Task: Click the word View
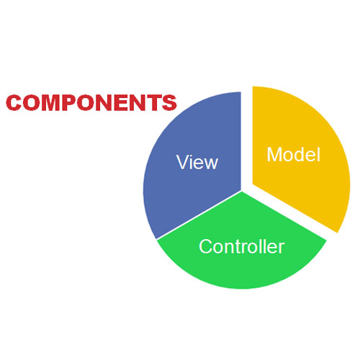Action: pyautogui.click(x=197, y=162)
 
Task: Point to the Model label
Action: pyautogui.click(x=294, y=155)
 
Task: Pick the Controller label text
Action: pyautogui.click(x=242, y=246)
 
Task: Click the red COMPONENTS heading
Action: pyautogui.click(x=91, y=102)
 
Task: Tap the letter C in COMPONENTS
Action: pyautogui.click(x=14, y=102)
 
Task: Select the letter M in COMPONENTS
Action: pyautogui.click(x=51, y=102)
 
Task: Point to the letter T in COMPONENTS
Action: pyautogui.click(x=153, y=102)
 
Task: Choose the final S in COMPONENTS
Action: pyautogui.click(x=169, y=102)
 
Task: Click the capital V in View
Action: pyautogui.click(x=183, y=162)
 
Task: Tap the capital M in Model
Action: pyautogui.click(x=274, y=155)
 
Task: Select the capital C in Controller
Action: pyautogui.click(x=206, y=246)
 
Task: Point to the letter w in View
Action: pyautogui.click(x=210, y=164)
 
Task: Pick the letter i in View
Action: pyautogui.click(x=192, y=162)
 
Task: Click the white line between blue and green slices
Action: pyautogui.click(x=199, y=215)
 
